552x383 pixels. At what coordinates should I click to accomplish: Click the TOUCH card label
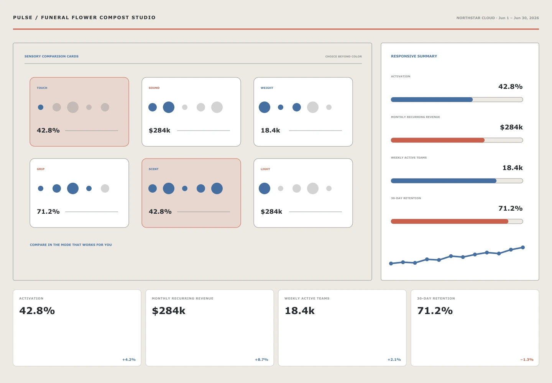click(x=42, y=88)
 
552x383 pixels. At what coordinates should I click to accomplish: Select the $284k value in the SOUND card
click(x=159, y=131)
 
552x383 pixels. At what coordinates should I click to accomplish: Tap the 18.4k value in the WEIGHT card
click(x=270, y=131)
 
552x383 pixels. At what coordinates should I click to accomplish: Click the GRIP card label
click(x=41, y=169)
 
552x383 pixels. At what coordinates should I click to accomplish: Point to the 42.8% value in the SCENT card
click(x=160, y=212)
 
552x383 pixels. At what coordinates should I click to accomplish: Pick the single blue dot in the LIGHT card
click(x=264, y=188)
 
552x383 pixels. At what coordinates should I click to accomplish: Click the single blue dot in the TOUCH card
click(x=41, y=107)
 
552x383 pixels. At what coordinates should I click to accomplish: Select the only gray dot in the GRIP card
click(x=105, y=188)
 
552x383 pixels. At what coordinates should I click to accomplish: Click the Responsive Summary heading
click(x=414, y=56)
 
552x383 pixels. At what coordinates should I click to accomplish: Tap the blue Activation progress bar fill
click(x=432, y=100)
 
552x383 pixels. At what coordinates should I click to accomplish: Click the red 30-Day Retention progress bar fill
click(x=450, y=221)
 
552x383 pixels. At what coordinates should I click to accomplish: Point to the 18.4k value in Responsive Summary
click(x=512, y=168)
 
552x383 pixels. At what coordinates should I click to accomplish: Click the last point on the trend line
click(x=523, y=247)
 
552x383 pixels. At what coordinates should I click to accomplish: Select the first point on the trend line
click(x=391, y=264)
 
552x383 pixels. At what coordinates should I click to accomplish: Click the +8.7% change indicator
click(x=261, y=360)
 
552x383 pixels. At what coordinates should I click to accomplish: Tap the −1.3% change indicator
click(x=527, y=360)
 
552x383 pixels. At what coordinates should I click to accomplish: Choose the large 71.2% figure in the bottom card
click(x=435, y=311)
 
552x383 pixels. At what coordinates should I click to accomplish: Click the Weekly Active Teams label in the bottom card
click(x=307, y=298)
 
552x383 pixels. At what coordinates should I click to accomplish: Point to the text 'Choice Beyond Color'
click(x=343, y=57)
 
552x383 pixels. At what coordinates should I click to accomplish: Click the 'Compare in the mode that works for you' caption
click(x=71, y=245)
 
